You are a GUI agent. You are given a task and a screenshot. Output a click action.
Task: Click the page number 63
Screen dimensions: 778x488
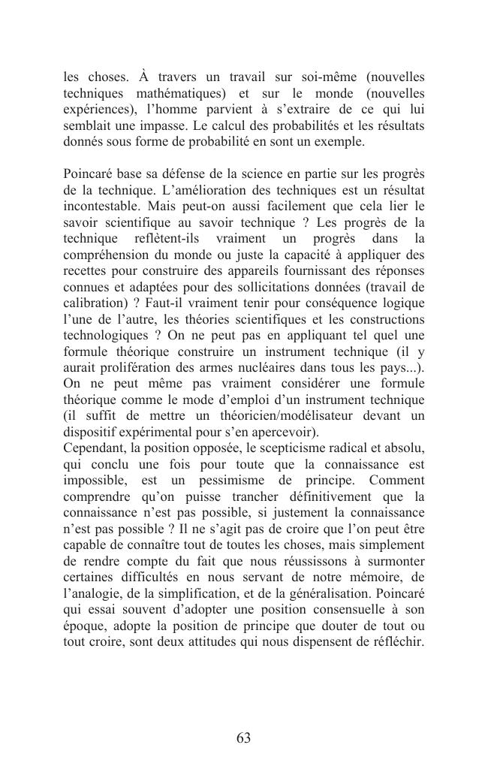click(x=243, y=738)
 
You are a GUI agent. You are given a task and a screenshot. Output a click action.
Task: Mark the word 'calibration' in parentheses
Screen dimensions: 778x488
click(x=92, y=303)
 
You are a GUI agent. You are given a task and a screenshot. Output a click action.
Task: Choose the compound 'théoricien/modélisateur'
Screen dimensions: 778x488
click(x=290, y=416)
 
